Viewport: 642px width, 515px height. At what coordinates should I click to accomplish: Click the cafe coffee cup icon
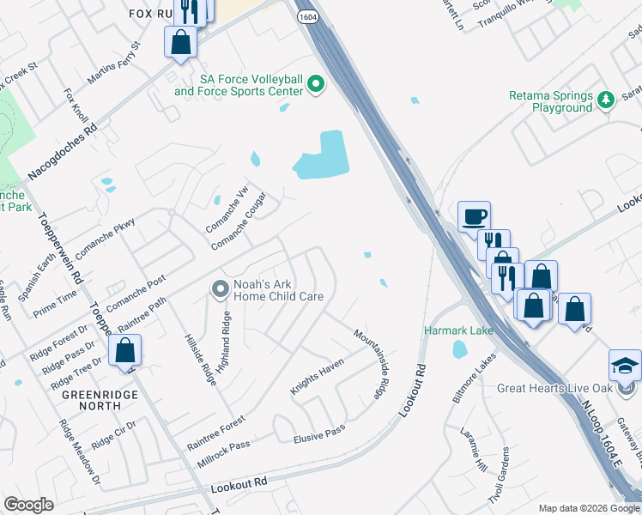(x=474, y=215)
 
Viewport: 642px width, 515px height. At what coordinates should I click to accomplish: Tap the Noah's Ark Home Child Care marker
(x=220, y=290)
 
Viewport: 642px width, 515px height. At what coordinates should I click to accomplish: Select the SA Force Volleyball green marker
(x=317, y=84)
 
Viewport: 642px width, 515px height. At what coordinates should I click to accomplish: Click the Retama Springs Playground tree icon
(x=606, y=99)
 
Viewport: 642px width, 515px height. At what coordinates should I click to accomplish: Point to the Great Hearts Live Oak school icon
(x=624, y=365)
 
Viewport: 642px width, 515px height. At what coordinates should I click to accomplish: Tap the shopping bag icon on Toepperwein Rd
(x=125, y=350)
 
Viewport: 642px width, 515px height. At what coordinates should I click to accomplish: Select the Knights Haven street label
(x=317, y=377)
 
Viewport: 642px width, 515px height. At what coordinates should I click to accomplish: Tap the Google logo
(x=29, y=505)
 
